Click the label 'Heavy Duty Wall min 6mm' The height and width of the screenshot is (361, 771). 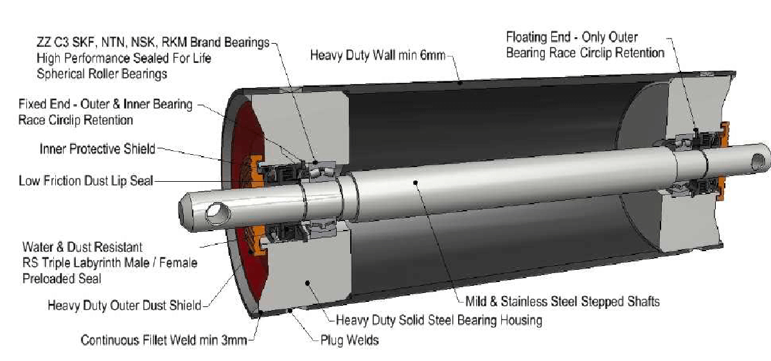click(x=377, y=55)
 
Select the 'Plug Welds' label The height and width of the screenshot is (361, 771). click(x=349, y=340)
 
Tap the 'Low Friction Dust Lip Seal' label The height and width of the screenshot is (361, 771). click(x=86, y=181)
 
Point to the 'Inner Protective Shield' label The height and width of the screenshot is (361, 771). click(x=97, y=149)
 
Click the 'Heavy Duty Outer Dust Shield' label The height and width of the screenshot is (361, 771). click(x=124, y=305)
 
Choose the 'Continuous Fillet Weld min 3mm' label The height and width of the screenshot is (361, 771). click(x=164, y=340)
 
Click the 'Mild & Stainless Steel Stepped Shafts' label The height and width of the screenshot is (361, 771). click(x=562, y=301)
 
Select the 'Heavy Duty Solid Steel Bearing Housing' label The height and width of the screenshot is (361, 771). click(x=439, y=320)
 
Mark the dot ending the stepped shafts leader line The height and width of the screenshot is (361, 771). click(x=416, y=182)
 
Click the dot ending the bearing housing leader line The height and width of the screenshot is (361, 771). click(x=308, y=281)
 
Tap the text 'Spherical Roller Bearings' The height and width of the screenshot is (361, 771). click(x=102, y=74)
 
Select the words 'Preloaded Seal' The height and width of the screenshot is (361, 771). click(x=62, y=279)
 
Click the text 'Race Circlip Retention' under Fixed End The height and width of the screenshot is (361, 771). click(x=76, y=120)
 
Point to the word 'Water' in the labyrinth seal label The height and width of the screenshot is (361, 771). click(x=37, y=247)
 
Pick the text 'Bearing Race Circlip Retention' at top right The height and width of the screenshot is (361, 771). click(x=585, y=53)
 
